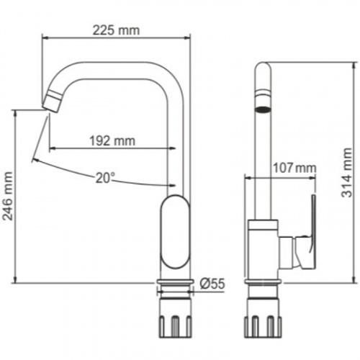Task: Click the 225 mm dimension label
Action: [x=116, y=30]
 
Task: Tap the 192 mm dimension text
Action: [x=112, y=140]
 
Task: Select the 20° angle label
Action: [x=104, y=178]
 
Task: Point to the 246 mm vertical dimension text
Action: [x=8, y=196]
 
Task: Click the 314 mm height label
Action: [x=347, y=173]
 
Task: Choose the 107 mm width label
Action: [x=294, y=168]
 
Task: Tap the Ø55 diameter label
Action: [x=212, y=284]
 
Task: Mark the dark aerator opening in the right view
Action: [x=264, y=109]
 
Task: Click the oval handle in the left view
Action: [x=176, y=231]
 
